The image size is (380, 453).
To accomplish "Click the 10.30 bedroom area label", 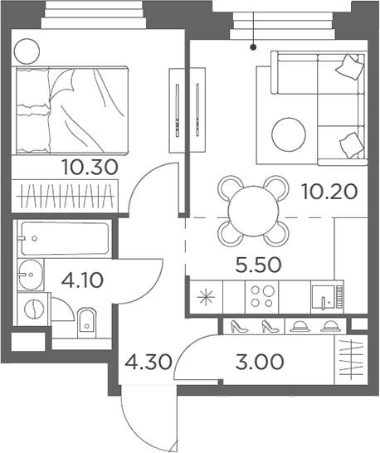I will (90, 167).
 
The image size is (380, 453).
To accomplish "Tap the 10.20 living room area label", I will (329, 192).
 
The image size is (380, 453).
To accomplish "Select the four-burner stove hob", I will (261, 296).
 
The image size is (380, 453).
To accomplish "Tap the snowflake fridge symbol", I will (204, 296).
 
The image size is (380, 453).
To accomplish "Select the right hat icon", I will (330, 326).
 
